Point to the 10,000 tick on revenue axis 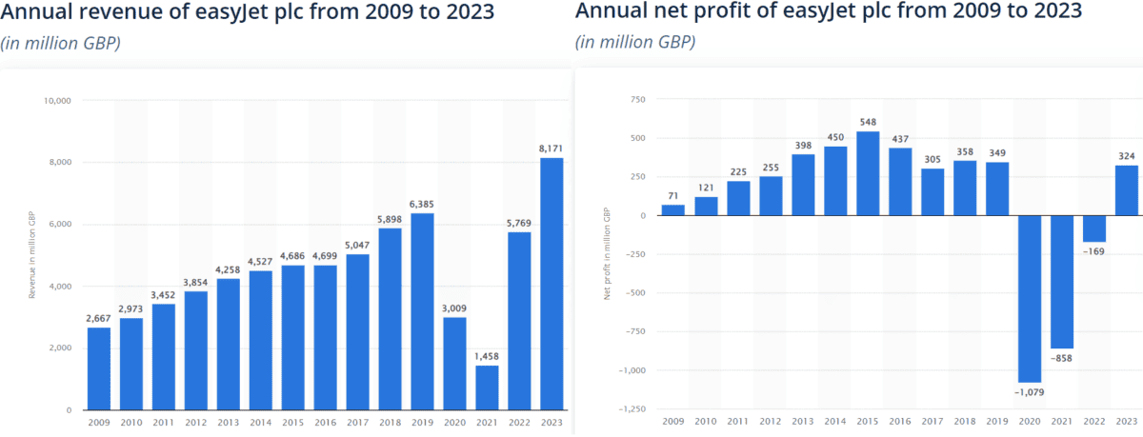tap(59, 101)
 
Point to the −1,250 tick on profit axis tap(632, 409)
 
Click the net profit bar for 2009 tap(672, 210)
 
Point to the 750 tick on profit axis tap(636, 100)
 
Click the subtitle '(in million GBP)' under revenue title tap(61, 44)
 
